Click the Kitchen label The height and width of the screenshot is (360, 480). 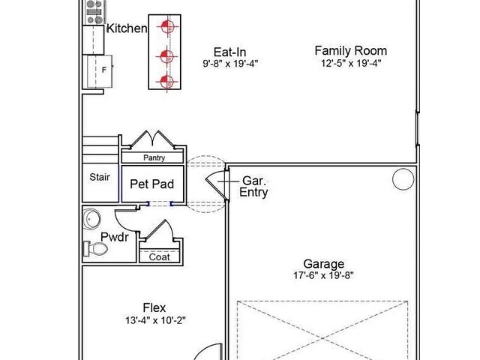pyautogui.click(x=127, y=28)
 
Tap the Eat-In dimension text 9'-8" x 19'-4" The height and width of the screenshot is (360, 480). pyautogui.click(x=230, y=64)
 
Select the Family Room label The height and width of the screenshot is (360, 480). pyautogui.click(x=351, y=50)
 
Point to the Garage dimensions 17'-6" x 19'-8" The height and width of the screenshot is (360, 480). pyautogui.click(x=323, y=275)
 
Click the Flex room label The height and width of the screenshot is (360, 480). pyautogui.click(x=154, y=307)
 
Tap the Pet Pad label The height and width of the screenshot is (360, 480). pyautogui.click(x=151, y=184)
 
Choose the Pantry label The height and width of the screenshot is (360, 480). pyautogui.click(x=154, y=158)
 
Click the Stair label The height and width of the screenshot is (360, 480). pyautogui.click(x=100, y=177)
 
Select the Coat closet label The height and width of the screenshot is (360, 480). pyautogui.click(x=159, y=256)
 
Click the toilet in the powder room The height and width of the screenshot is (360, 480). pyautogui.click(x=95, y=249)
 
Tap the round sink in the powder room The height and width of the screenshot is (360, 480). pyautogui.click(x=91, y=218)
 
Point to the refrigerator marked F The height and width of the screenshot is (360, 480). pyautogui.click(x=100, y=71)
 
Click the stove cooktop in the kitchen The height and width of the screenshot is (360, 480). pyautogui.click(x=94, y=12)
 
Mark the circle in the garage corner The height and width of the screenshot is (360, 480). pyautogui.click(x=403, y=179)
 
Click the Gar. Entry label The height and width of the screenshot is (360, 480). pyautogui.click(x=253, y=187)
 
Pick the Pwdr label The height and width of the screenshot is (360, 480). pyautogui.click(x=115, y=237)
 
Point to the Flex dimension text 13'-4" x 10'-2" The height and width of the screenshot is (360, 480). pyautogui.click(x=155, y=320)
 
